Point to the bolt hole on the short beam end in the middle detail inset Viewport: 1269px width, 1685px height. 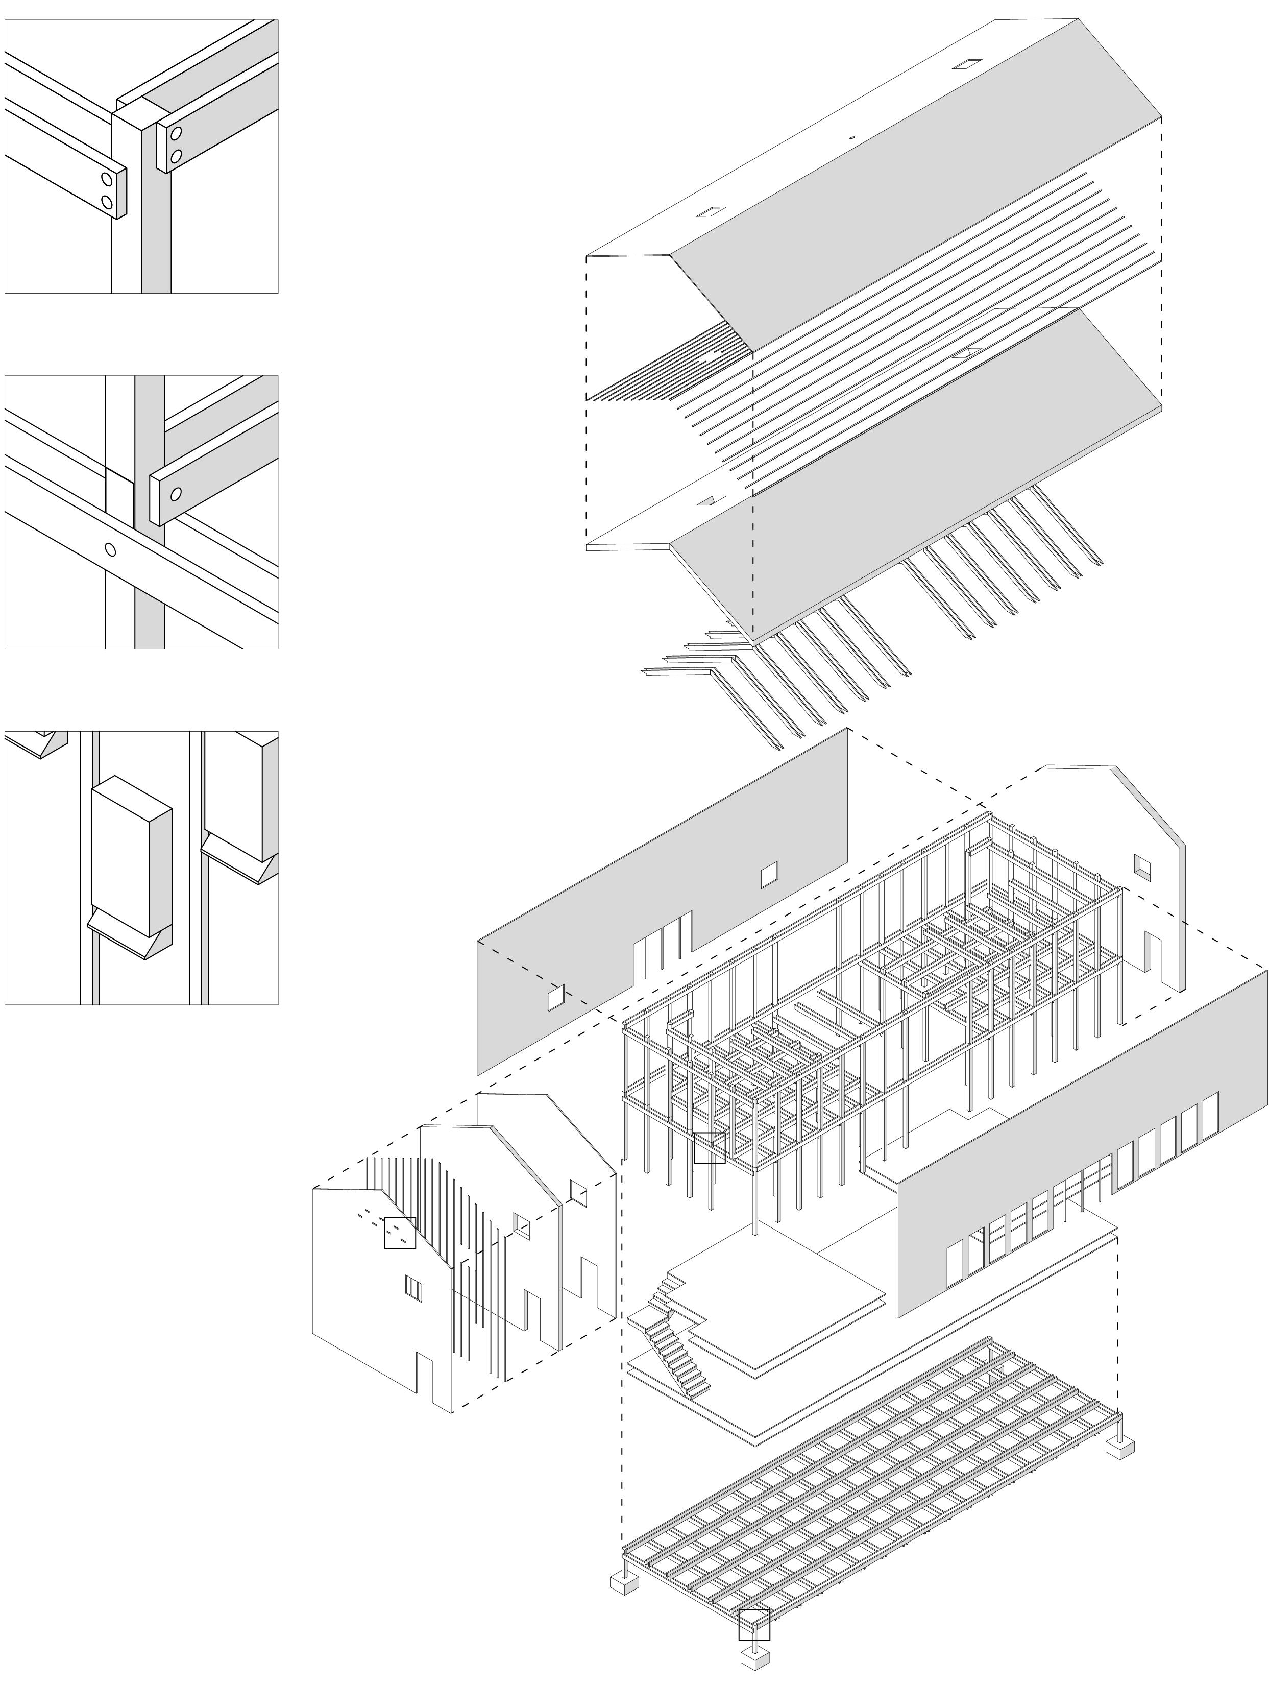[x=176, y=494]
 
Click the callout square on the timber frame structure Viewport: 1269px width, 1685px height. [x=709, y=1147]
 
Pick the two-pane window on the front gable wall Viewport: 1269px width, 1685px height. [x=412, y=1287]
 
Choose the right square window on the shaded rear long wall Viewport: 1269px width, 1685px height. [x=769, y=875]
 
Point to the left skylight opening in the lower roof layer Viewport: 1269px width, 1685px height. [x=714, y=500]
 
